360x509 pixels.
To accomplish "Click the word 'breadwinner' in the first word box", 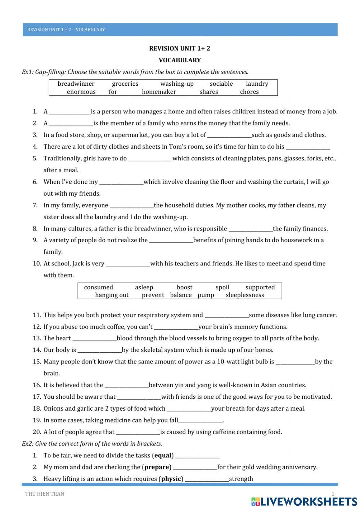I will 76,84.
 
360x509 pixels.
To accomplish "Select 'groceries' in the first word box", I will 125,84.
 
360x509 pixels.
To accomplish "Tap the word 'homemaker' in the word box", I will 159,91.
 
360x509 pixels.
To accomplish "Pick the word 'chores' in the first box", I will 249,91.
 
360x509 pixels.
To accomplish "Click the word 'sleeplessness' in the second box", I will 245,295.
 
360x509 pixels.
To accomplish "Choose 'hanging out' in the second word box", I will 112,295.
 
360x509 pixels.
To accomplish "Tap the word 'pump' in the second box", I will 206,295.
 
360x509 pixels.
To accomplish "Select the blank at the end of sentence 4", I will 308,147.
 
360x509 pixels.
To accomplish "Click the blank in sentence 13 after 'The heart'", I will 94,339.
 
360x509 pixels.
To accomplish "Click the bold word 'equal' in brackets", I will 163,455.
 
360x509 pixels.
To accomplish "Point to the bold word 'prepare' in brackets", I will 157,467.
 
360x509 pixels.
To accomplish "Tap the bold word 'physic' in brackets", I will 171,479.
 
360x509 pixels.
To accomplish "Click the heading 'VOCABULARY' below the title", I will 180,60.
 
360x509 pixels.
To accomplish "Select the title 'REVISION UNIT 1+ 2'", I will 180,49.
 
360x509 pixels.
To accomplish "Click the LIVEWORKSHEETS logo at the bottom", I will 304,501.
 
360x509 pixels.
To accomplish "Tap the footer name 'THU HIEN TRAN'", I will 45,494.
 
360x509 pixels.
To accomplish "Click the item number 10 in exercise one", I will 37,264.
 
